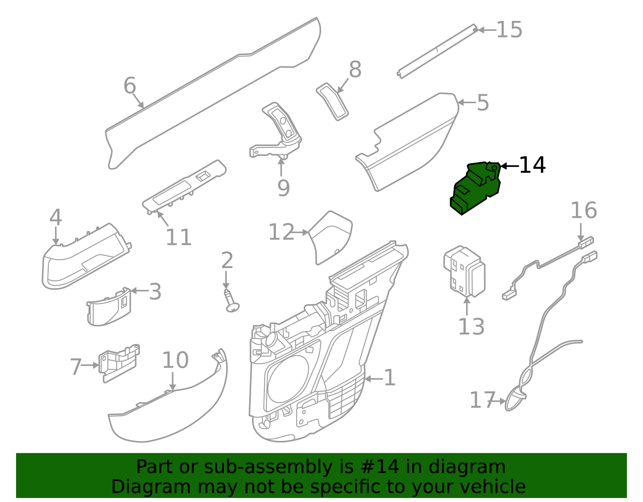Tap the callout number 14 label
pos(532,165)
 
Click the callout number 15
pos(509,30)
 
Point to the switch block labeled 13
pos(464,272)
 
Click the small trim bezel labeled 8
pos(332,101)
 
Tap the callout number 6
pos(130,86)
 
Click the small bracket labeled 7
pos(119,362)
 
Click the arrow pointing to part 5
pos(466,102)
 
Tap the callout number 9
pos(283,187)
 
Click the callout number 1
pos(389,378)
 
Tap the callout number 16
pos(584,211)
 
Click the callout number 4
pos(55,218)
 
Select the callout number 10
pos(175,360)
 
